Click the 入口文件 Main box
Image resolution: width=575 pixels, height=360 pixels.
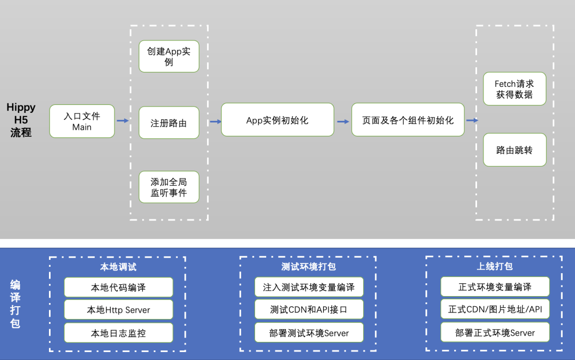pos(82,121)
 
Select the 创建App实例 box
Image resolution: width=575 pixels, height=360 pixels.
pos(169,56)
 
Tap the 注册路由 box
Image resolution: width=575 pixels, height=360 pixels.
pos(169,123)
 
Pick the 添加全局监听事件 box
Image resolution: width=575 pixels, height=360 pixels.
pos(169,187)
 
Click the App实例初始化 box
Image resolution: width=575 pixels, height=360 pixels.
pos(277,120)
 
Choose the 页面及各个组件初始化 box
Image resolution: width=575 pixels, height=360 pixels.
pos(408,120)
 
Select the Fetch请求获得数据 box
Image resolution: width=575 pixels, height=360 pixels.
pos(514,89)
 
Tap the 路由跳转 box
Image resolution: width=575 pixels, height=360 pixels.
pos(514,150)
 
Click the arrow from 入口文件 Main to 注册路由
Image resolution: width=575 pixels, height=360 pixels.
pos(122,121)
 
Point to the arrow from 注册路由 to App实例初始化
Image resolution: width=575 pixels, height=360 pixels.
pos(215,121)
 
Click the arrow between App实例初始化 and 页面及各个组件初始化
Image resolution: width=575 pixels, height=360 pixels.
pos(343,121)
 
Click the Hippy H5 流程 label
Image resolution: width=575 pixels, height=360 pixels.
pos(21,120)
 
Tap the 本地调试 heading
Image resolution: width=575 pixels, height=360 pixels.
pos(118,267)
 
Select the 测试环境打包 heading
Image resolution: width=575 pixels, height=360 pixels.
pos(309,267)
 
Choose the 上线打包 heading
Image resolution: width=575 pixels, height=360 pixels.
pos(495,266)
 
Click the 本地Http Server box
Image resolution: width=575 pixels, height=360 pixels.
pos(119,310)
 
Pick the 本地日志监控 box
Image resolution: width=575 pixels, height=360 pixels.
pos(119,333)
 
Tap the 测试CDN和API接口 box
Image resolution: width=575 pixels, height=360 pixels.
pos(309,309)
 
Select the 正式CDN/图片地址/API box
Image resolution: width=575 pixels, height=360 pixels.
pos(495,309)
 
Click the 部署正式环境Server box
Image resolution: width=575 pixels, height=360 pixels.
pos(495,333)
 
